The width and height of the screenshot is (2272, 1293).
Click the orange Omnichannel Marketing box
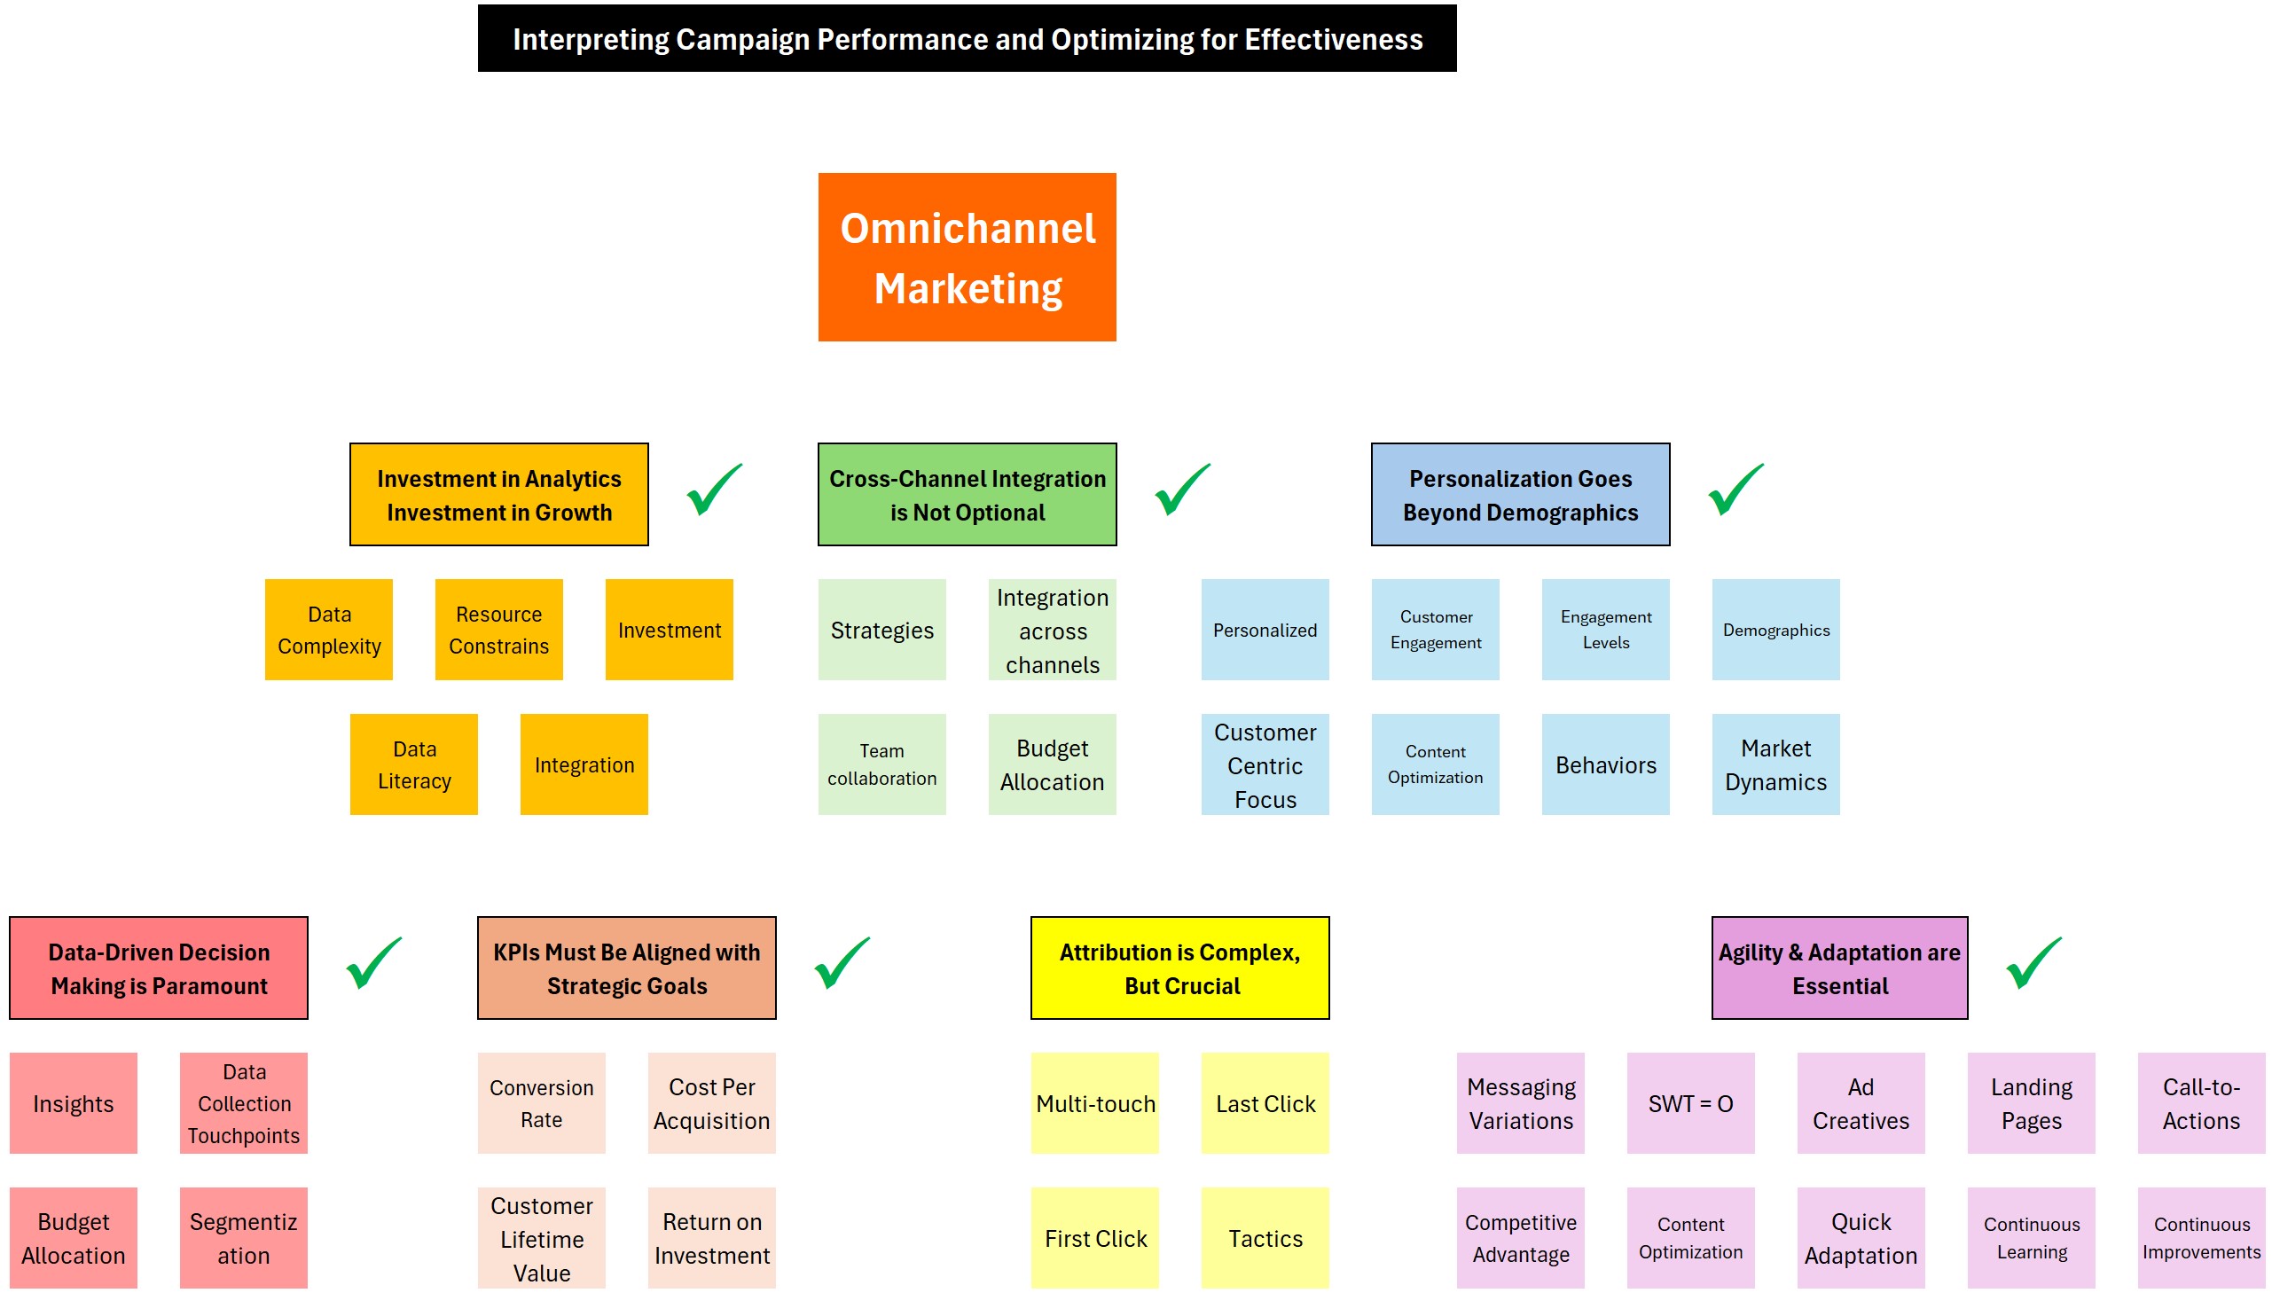pyautogui.click(x=966, y=256)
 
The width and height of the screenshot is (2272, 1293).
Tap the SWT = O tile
pyautogui.click(x=1689, y=1103)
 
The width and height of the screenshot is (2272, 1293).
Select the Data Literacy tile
pyautogui.click(x=414, y=764)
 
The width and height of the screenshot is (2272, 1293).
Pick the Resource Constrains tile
pyautogui.click(x=498, y=630)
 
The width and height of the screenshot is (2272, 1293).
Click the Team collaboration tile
pyautogui.click(x=881, y=764)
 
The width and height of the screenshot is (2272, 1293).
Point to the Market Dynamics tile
pyautogui.click(x=1775, y=764)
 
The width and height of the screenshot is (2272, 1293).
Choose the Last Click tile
pyautogui.click(x=1265, y=1103)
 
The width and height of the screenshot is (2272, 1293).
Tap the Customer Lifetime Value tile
pyautogui.click(x=541, y=1238)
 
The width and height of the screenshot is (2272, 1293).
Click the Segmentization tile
pyautogui.click(x=243, y=1238)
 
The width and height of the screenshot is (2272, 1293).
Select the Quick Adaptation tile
pyautogui.click(x=1860, y=1238)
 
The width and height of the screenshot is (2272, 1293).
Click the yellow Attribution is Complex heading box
pyautogui.click(x=1179, y=968)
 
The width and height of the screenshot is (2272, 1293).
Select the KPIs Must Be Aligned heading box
pyautogui.click(x=626, y=968)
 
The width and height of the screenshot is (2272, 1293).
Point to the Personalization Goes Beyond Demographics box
pyautogui.click(x=1519, y=495)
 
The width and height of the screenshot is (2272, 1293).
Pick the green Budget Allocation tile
pyautogui.click(x=1051, y=764)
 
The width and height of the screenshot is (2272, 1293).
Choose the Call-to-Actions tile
pyautogui.click(x=2200, y=1103)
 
